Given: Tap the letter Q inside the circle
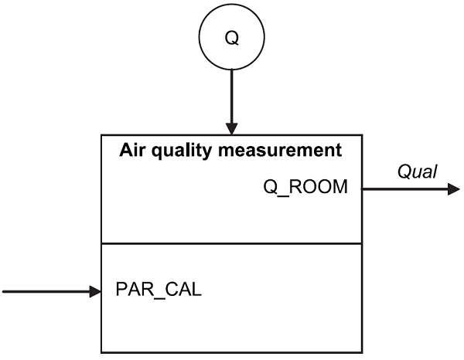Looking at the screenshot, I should click(x=231, y=37).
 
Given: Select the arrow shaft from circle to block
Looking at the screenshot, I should click(x=231, y=93).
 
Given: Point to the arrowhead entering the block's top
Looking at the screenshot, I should click(x=231, y=128).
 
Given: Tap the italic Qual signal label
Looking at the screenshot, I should click(x=417, y=172).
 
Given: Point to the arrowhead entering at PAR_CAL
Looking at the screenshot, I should click(x=96, y=291).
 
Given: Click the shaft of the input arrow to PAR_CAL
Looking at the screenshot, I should click(x=46, y=291).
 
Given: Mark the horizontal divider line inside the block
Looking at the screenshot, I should click(x=231, y=243).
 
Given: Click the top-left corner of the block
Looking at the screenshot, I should click(x=102, y=136).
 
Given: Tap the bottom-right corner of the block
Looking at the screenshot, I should click(x=360, y=352).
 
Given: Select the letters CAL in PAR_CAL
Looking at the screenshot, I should click(x=184, y=291).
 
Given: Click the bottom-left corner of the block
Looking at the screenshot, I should click(x=102, y=352).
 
